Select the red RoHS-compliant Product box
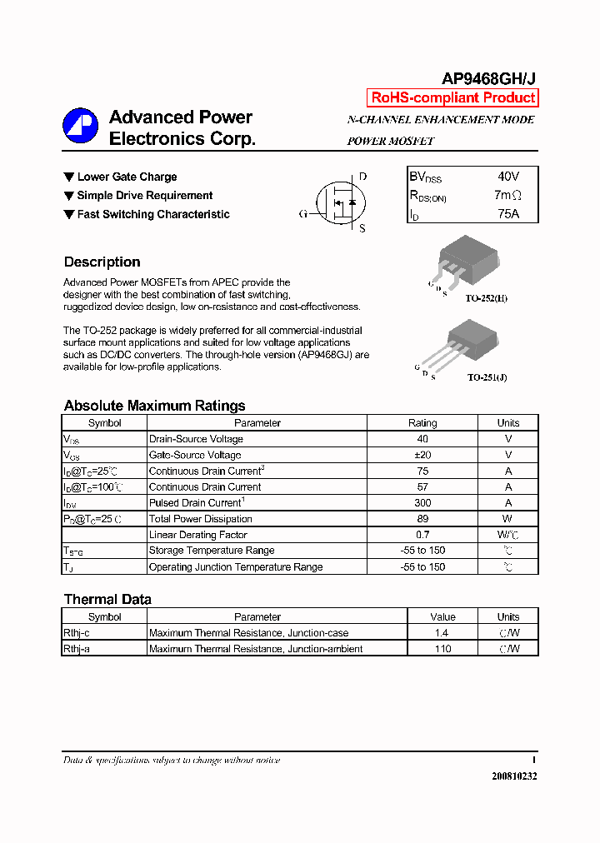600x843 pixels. pyautogui.click(x=452, y=97)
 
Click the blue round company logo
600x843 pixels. pyautogui.click(x=81, y=127)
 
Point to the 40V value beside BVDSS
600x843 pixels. pyautogui.click(x=507, y=177)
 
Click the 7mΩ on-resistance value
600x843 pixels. pyautogui.click(x=507, y=195)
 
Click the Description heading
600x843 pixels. pyautogui.click(x=102, y=262)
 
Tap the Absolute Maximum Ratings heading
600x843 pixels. pyautogui.click(x=154, y=406)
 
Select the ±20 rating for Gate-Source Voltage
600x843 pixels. pyautogui.click(x=422, y=455)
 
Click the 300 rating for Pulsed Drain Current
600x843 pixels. pyautogui.click(x=422, y=503)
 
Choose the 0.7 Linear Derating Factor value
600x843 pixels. pyautogui.click(x=422, y=535)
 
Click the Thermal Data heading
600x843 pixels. pyautogui.click(x=107, y=599)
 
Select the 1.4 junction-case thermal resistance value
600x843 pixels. pyautogui.click(x=442, y=633)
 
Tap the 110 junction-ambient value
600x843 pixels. pyautogui.click(x=442, y=649)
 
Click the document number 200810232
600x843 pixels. pyautogui.click(x=514, y=776)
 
